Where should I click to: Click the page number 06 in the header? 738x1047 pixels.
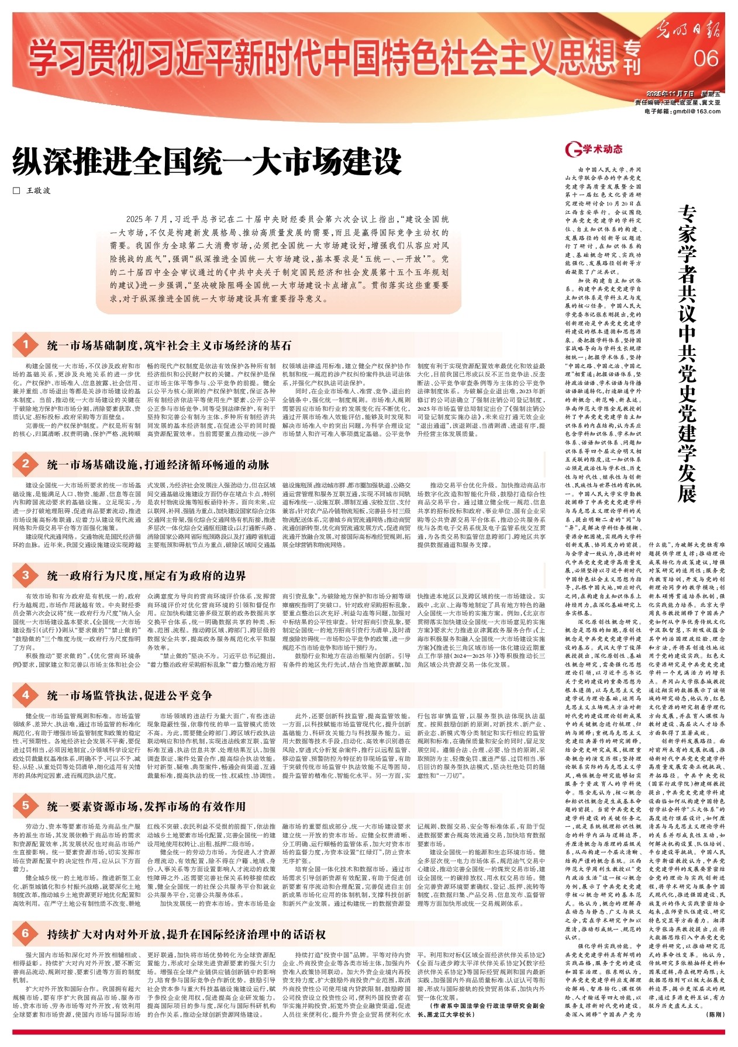tap(706, 58)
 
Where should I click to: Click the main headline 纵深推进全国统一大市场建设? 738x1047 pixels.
tap(208, 162)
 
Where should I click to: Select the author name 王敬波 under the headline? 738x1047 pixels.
tap(39, 191)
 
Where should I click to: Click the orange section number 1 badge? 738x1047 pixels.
tap(26, 345)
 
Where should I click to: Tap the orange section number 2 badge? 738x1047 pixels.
tap(26, 464)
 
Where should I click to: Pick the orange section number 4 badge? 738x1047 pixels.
tap(26, 694)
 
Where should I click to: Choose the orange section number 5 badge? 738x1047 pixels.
tap(26, 806)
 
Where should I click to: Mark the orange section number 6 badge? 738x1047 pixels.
tap(26, 933)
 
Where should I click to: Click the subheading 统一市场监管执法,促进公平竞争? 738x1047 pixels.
tap(130, 695)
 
